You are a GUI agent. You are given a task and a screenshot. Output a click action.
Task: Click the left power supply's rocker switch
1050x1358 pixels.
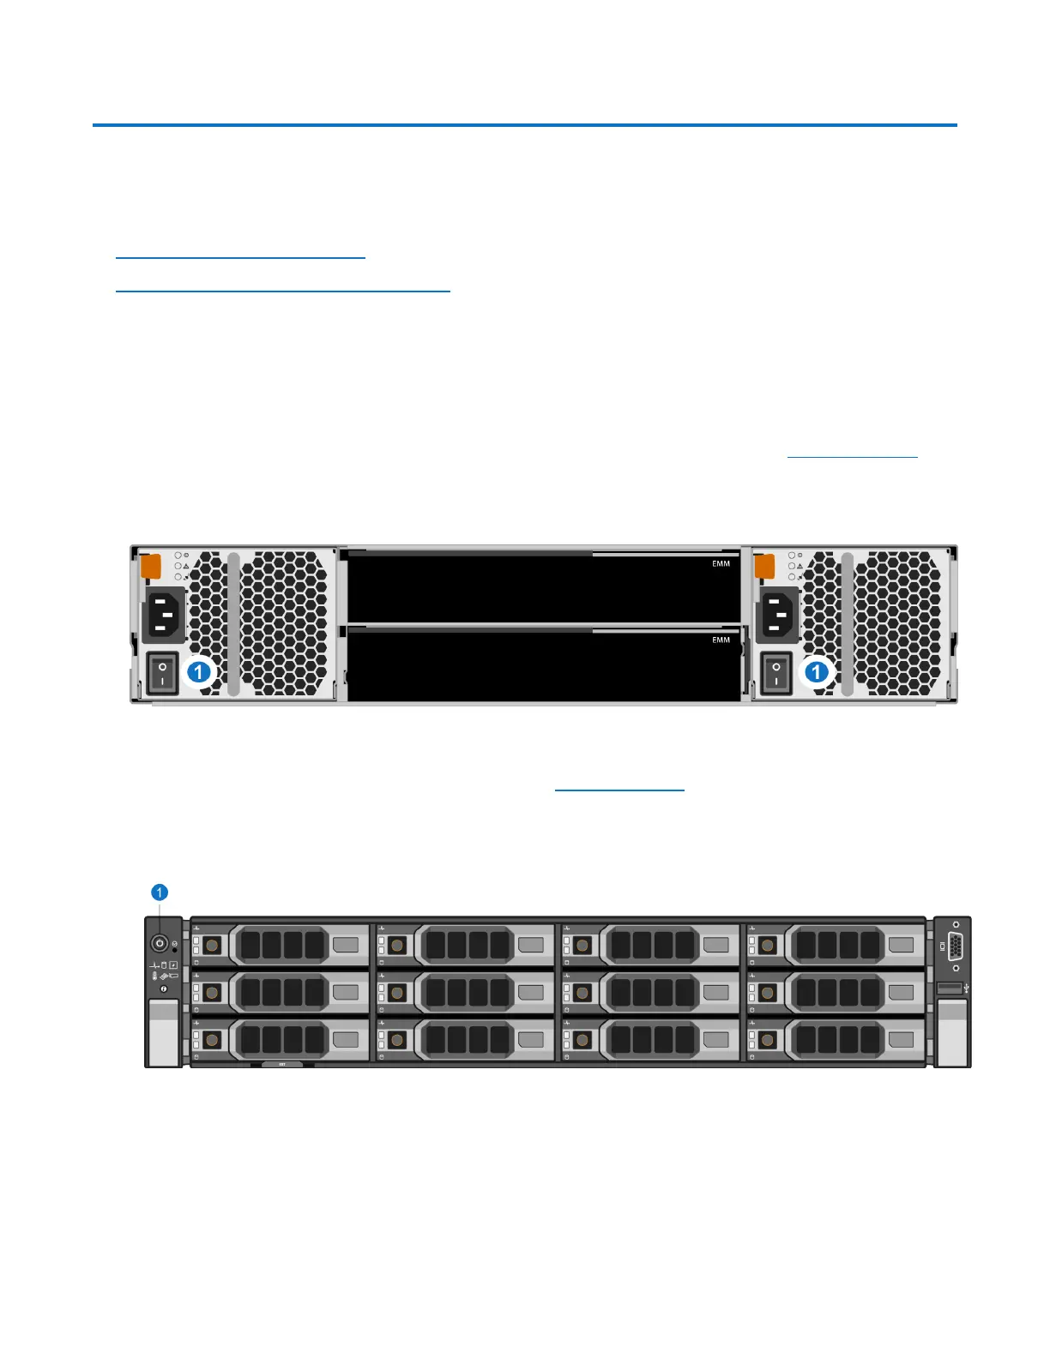pos(162,672)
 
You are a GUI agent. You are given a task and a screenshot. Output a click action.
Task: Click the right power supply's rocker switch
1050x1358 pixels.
pos(776,673)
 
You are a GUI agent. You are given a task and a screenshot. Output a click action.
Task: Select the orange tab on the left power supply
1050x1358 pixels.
pos(150,566)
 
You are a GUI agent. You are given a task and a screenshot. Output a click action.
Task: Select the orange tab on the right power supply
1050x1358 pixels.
pos(763,566)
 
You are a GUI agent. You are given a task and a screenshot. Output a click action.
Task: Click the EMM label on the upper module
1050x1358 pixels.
pos(721,563)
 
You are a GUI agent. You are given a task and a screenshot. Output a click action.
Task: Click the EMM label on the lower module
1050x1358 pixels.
pos(721,640)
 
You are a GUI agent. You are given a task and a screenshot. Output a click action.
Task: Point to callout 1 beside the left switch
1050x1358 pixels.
pos(199,671)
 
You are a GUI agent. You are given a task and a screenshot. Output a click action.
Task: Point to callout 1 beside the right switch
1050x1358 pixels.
pos(817,671)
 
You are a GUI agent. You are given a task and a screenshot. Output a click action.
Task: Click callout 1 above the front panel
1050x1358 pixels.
pos(159,892)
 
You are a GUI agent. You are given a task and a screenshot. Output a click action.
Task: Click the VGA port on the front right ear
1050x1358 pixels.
pos(955,945)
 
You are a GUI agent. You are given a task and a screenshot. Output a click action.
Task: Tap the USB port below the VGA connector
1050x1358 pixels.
pos(950,989)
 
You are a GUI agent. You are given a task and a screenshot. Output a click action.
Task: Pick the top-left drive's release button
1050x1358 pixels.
pos(211,945)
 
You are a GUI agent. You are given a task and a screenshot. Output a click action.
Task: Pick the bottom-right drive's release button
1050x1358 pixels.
pos(768,1040)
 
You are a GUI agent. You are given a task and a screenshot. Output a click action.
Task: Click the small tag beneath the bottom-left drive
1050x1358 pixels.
pos(282,1065)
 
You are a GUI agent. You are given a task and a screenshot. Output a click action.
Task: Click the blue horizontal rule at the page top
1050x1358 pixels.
pos(524,125)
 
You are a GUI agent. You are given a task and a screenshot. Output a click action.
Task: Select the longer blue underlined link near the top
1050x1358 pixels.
pos(282,291)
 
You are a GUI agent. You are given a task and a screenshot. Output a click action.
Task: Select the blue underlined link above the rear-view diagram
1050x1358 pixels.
pos(852,456)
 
